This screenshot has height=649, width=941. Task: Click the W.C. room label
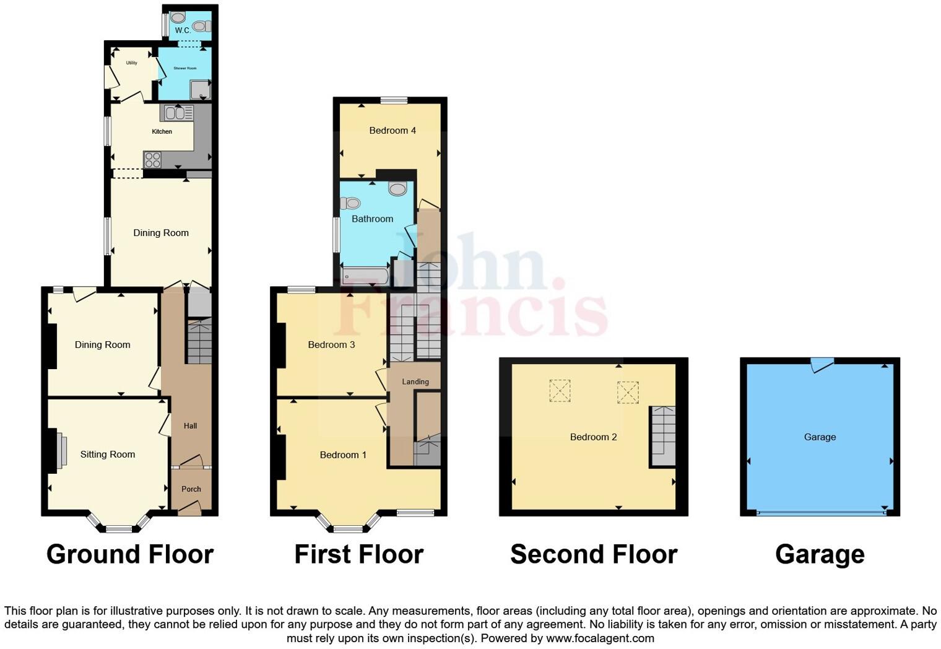(182, 30)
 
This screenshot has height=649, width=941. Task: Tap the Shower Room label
(185, 68)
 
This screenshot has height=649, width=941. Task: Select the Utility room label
(131, 63)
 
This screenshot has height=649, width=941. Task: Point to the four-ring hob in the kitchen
(152, 160)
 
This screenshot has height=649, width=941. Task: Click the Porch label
(191, 489)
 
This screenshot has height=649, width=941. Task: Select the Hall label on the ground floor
(190, 425)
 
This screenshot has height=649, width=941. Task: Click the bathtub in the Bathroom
(365, 276)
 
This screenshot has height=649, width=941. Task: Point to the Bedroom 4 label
(392, 130)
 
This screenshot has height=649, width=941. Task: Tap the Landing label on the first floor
(415, 381)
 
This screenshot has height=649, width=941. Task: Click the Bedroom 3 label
(331, 344)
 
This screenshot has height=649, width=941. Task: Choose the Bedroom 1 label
(343, 455)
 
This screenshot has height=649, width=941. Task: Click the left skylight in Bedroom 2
(560, 391)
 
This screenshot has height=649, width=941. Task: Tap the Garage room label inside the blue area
(820, 437)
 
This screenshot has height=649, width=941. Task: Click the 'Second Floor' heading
(593, 554)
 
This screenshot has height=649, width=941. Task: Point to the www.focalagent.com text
(600, 638)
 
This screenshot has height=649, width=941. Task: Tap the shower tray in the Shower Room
(200, 91)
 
